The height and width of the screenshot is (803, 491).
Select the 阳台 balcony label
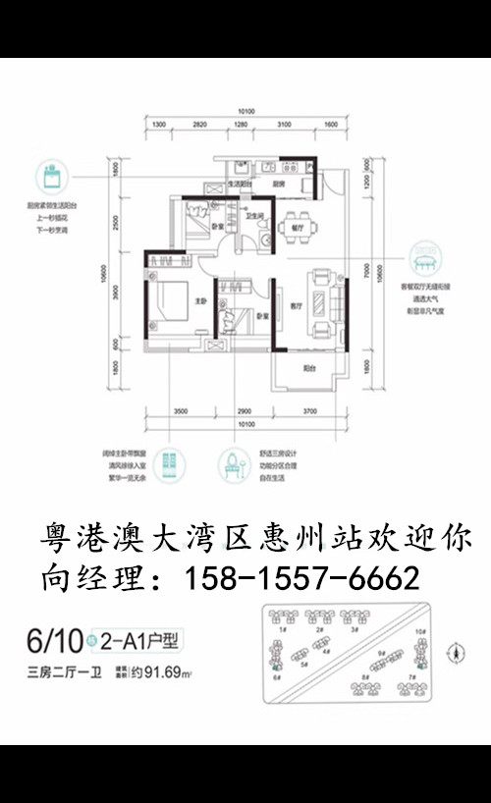(x=308, y=368)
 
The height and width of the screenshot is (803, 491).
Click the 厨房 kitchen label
(x=279, y=183)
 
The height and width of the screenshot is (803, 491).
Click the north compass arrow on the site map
(x=454, y=651)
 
